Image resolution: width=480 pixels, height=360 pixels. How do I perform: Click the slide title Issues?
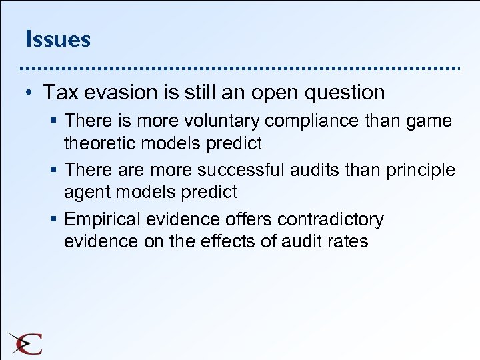tap(57, 39)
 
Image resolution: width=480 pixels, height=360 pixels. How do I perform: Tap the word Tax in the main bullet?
tap(59, 92)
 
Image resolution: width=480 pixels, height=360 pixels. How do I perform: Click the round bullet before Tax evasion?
tap(31, 93)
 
